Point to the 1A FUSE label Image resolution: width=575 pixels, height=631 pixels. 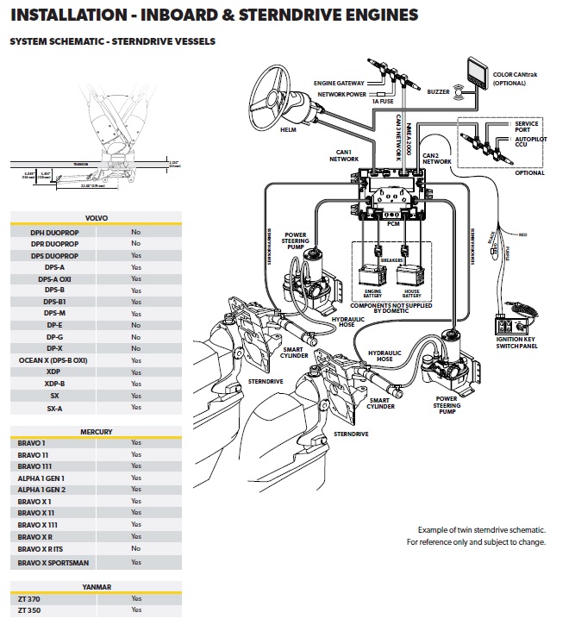[x=382, y=103]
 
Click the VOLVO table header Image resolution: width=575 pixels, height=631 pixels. [x=96, y=218]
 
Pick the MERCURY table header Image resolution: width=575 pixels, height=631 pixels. [x=96, y=431]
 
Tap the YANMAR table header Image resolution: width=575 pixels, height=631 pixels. [x=96, y=587]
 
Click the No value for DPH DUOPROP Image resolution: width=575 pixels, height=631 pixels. [x=135, y=232]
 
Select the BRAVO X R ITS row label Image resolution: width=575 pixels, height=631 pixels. [x=42, y=548]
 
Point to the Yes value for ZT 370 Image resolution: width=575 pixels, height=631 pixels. [x=135, y=598]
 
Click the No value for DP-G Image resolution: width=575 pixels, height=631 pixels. [x=135, y=336]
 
